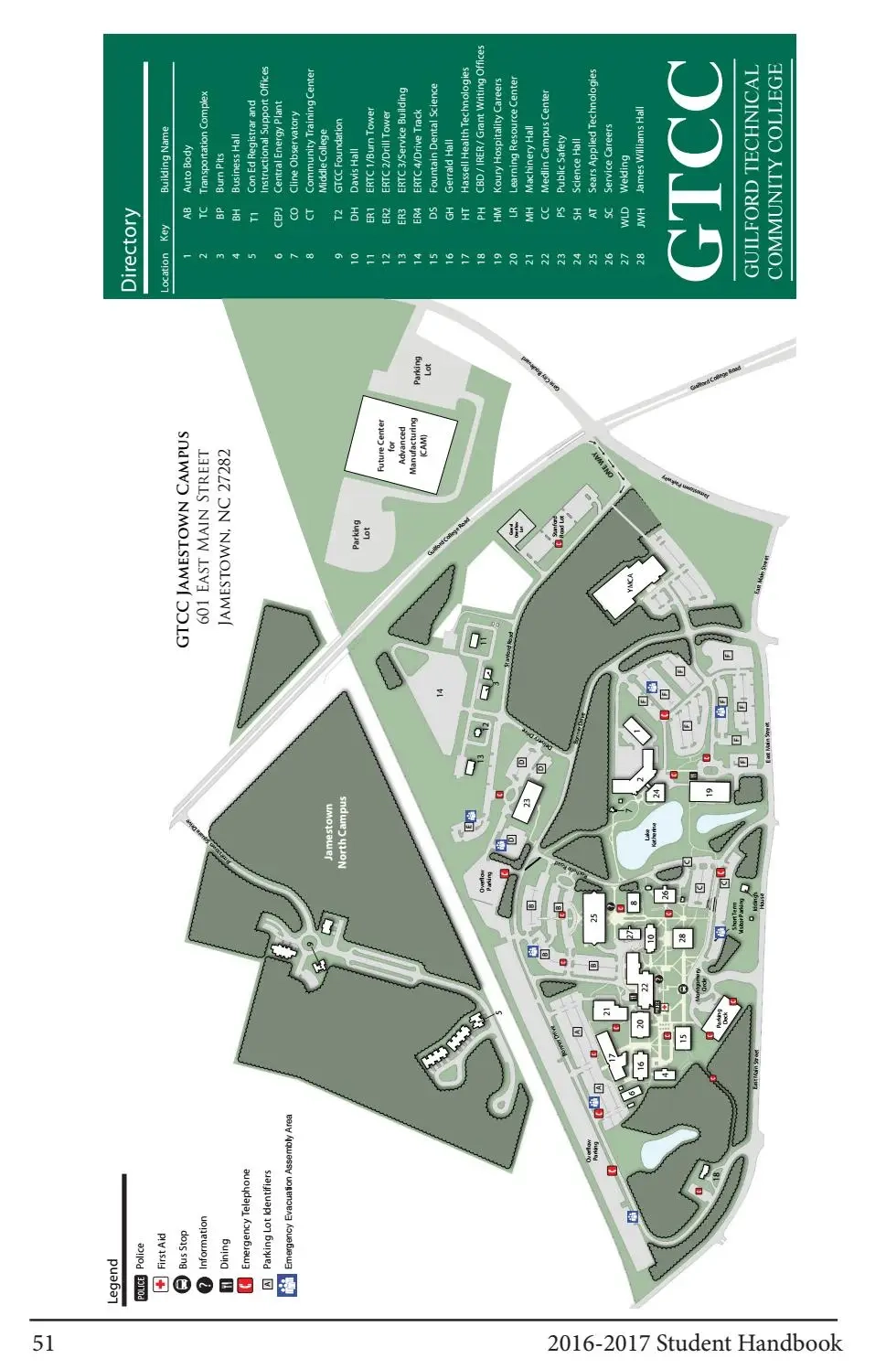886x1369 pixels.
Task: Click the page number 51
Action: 44,1344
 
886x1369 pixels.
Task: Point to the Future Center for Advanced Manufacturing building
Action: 400,446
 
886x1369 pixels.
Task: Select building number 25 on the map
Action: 595,917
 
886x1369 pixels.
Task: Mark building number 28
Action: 682,936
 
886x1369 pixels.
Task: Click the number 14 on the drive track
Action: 440,693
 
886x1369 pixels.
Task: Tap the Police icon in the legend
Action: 141,1289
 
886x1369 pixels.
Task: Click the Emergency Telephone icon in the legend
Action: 245,1285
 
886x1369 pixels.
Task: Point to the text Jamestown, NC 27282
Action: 225,538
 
